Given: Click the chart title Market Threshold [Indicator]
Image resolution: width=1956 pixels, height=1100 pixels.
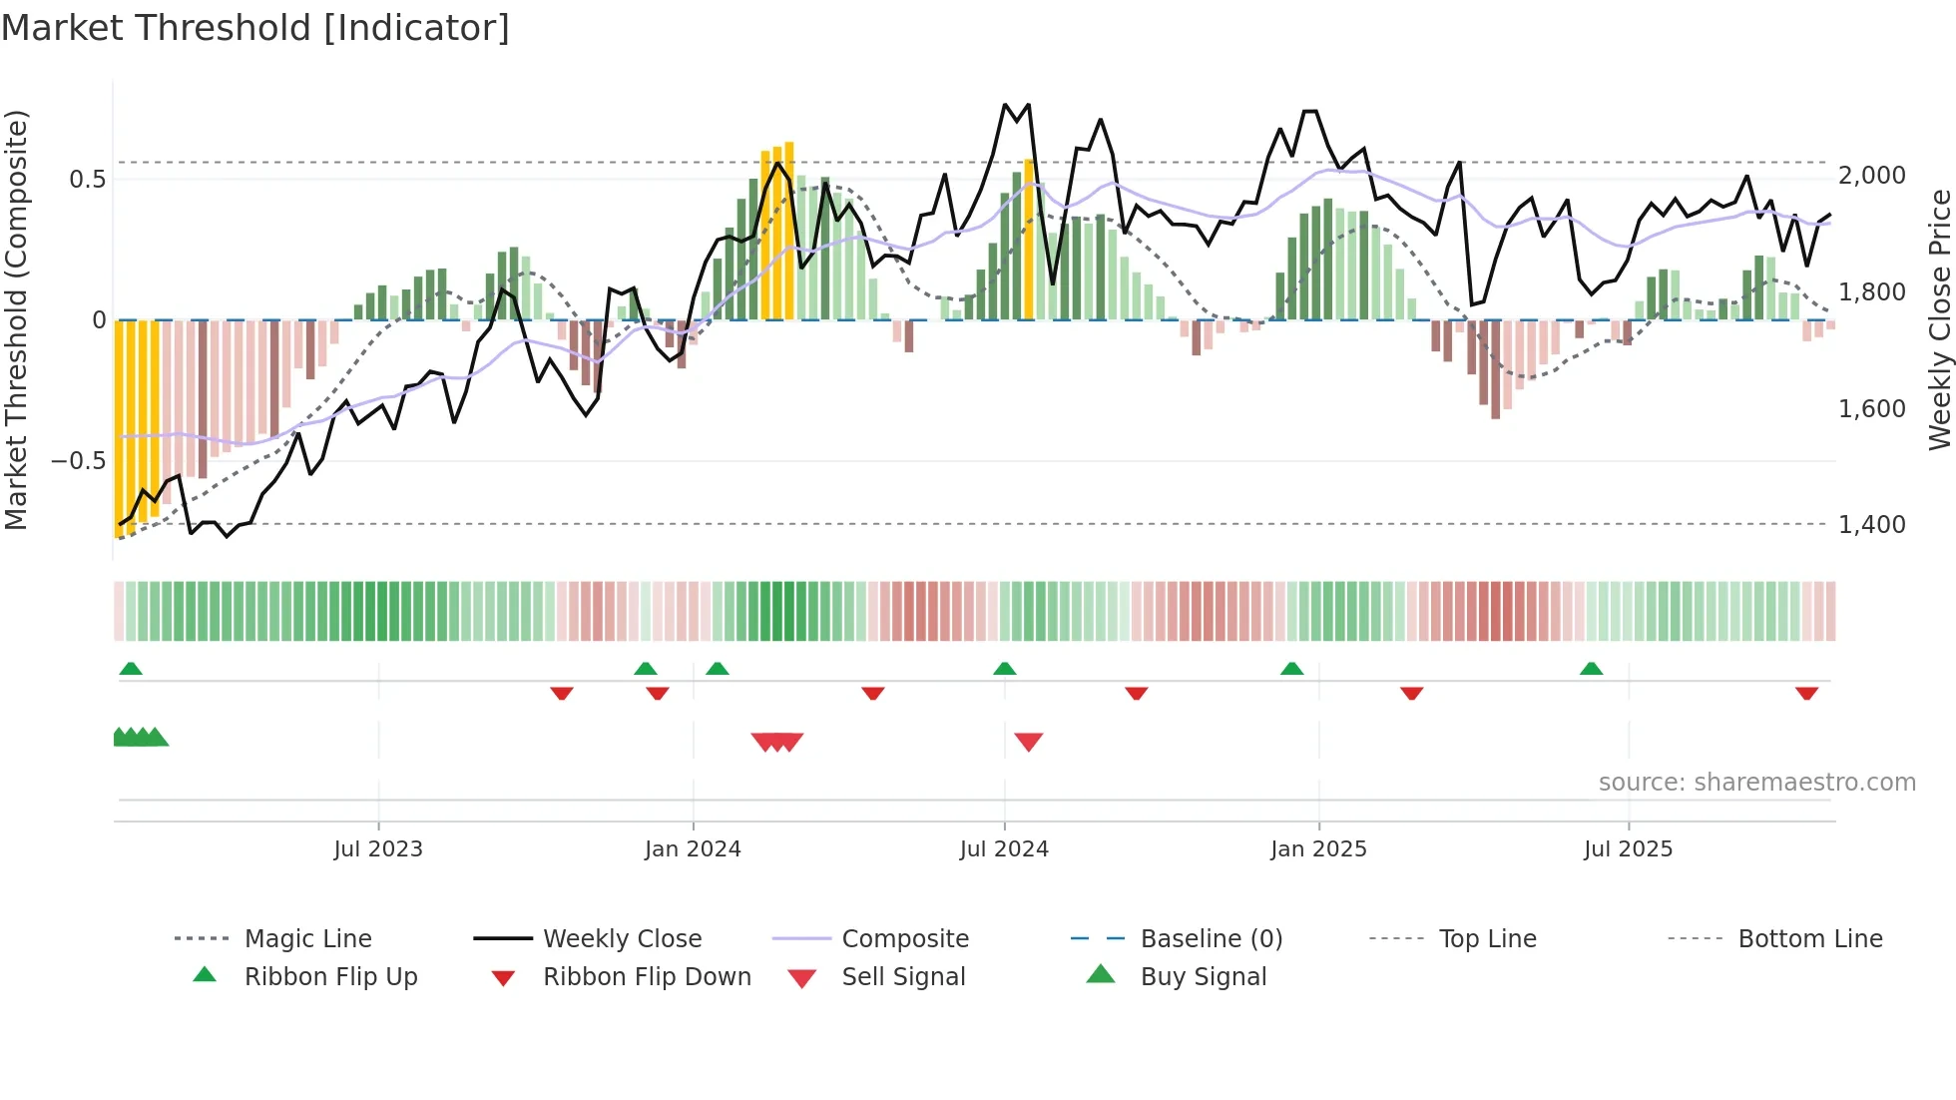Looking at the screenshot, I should click(x=255, y=28).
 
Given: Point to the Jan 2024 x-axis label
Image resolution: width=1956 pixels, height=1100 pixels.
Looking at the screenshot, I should click(x=693, y=848).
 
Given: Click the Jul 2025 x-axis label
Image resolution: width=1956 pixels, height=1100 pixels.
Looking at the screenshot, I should click(x=1628, y=848).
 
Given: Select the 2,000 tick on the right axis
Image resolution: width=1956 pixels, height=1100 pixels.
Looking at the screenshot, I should click(x=1872, y=176).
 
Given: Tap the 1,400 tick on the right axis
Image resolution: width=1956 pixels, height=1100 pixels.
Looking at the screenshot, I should click(x=1872, y=524).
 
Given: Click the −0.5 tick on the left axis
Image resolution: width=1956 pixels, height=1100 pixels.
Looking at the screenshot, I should click(x=78, y=460).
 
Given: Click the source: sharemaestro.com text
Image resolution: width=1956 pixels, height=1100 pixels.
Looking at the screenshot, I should click(x=1756, y=782).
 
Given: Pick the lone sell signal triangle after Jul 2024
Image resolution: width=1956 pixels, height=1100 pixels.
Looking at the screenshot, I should click(x=1028, y=742).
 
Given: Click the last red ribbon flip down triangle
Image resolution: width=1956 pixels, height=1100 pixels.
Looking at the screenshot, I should click(x=1806, y=693).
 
